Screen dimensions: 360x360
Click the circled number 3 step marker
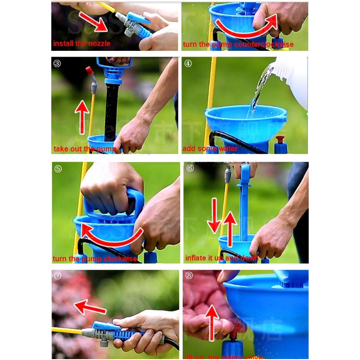point(57,63)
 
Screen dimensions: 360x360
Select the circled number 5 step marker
point(58,169)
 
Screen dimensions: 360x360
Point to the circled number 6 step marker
point(189,168)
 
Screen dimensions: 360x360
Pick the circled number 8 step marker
point(189,275)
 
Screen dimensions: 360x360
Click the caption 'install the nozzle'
point(81,44)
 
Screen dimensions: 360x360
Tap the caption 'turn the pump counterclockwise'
point(238,44)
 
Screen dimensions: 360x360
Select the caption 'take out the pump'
point(85,148)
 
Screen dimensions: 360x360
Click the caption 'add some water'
point(210,148)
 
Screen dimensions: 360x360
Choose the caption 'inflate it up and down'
point(222,258)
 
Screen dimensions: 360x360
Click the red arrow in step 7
point(90,308)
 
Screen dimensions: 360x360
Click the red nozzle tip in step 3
point(90,71)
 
